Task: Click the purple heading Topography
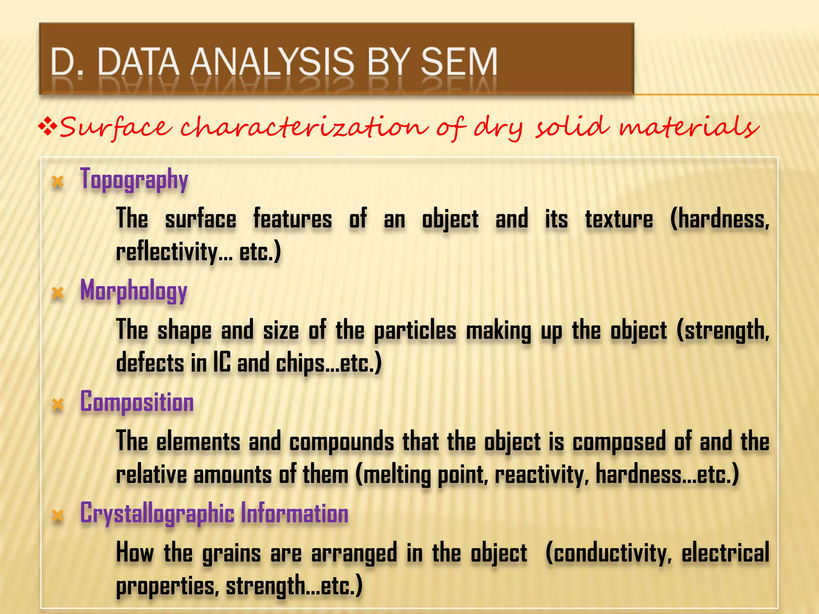(134, 180)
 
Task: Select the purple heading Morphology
(134, 291)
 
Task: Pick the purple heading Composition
(137, 402)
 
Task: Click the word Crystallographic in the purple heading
(157, 514)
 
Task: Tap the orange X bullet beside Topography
(58, 182)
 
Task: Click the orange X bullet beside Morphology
(58, 293)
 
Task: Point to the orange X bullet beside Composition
(58, 404)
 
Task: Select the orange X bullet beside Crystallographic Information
(58, 515)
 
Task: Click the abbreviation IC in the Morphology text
(222, 363)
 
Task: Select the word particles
(415, 331)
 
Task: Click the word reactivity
(541, 475)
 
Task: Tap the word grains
(232, 554)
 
